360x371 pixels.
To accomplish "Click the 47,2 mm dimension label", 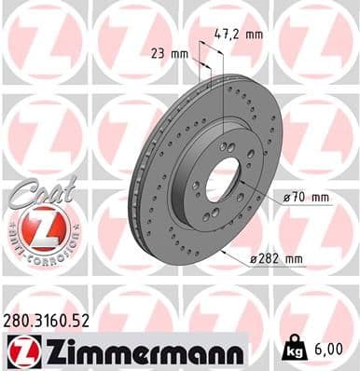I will [x=238, y=34].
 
